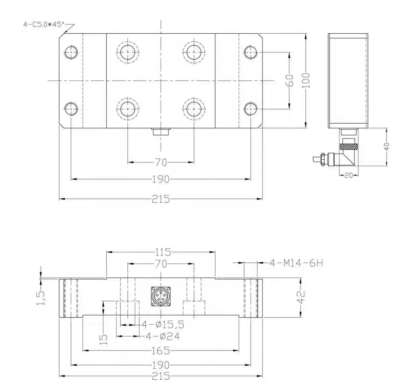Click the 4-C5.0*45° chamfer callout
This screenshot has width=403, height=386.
tap(44, 25)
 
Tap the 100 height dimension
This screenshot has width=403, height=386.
tap(306, 80)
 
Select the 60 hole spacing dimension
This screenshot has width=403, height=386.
tap(290, 80)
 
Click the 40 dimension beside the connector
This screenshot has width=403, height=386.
tap(387, 147)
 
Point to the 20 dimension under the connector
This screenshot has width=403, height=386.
tap(349, 175)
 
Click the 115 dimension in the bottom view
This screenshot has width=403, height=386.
tap(163, 252)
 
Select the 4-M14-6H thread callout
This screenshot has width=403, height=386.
tap(296, 263)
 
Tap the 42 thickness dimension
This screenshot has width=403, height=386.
tap(301, 297)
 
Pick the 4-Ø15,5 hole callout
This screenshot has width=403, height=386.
tap(163, 324)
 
